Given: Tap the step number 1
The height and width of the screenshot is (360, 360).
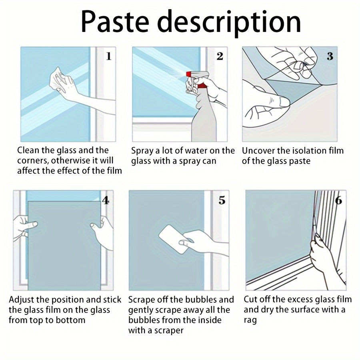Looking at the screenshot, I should [108, 56].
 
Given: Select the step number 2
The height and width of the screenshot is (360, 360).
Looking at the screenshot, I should [220, 56].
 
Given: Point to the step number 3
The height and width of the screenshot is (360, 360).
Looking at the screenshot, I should [330, 56].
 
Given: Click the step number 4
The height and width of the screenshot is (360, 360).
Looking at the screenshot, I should [106, 200].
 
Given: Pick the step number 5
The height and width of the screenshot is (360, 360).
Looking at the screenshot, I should [222, 200].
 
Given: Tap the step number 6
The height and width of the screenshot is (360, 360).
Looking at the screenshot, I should [338, 200].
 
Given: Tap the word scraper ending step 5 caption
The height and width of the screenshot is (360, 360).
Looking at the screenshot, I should [166, 330].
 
